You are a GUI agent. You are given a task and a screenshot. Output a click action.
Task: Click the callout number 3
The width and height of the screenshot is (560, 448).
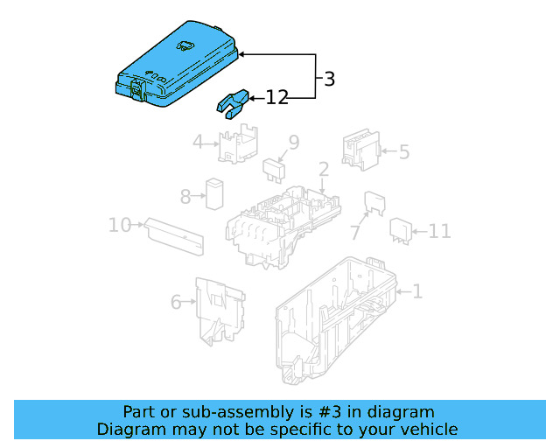pyautogui.click(x=328, y=80)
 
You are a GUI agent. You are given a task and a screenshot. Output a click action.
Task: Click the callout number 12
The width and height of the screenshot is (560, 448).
pyautogui.click(x=276, y=98)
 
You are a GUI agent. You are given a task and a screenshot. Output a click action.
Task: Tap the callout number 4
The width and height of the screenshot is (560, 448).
pyautogui.click(x=199, y=142)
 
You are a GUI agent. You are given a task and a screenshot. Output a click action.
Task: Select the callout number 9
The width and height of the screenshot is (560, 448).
pyautogui.click(x=294, y=142)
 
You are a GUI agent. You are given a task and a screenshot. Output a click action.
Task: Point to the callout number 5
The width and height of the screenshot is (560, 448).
pyautogui.click(x=403, y=152)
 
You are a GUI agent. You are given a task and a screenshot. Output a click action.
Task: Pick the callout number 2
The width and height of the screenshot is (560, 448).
pyautogui.click(x=323, y=169)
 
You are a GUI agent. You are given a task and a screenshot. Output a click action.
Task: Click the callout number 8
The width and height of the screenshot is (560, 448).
pyautogui.click(x=185, y=196)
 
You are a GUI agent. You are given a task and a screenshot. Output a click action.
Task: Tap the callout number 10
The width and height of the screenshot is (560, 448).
pyautogui.click(x=119, y=226)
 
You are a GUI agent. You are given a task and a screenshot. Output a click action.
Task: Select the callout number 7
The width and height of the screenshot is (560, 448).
pyautogui.click(x=354, y=233)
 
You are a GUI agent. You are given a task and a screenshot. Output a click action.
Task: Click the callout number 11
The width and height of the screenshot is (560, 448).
pyautogui.click(x=439, y=232)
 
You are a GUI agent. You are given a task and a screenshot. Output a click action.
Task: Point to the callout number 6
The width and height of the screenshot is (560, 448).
pyautogui.click(x=176, y=302)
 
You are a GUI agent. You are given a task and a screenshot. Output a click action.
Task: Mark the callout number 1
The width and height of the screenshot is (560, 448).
pyautogui.click(x=417, y=291)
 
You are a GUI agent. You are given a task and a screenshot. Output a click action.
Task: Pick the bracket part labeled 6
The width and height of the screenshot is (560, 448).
pyautogui.click(x=219, y=311)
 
